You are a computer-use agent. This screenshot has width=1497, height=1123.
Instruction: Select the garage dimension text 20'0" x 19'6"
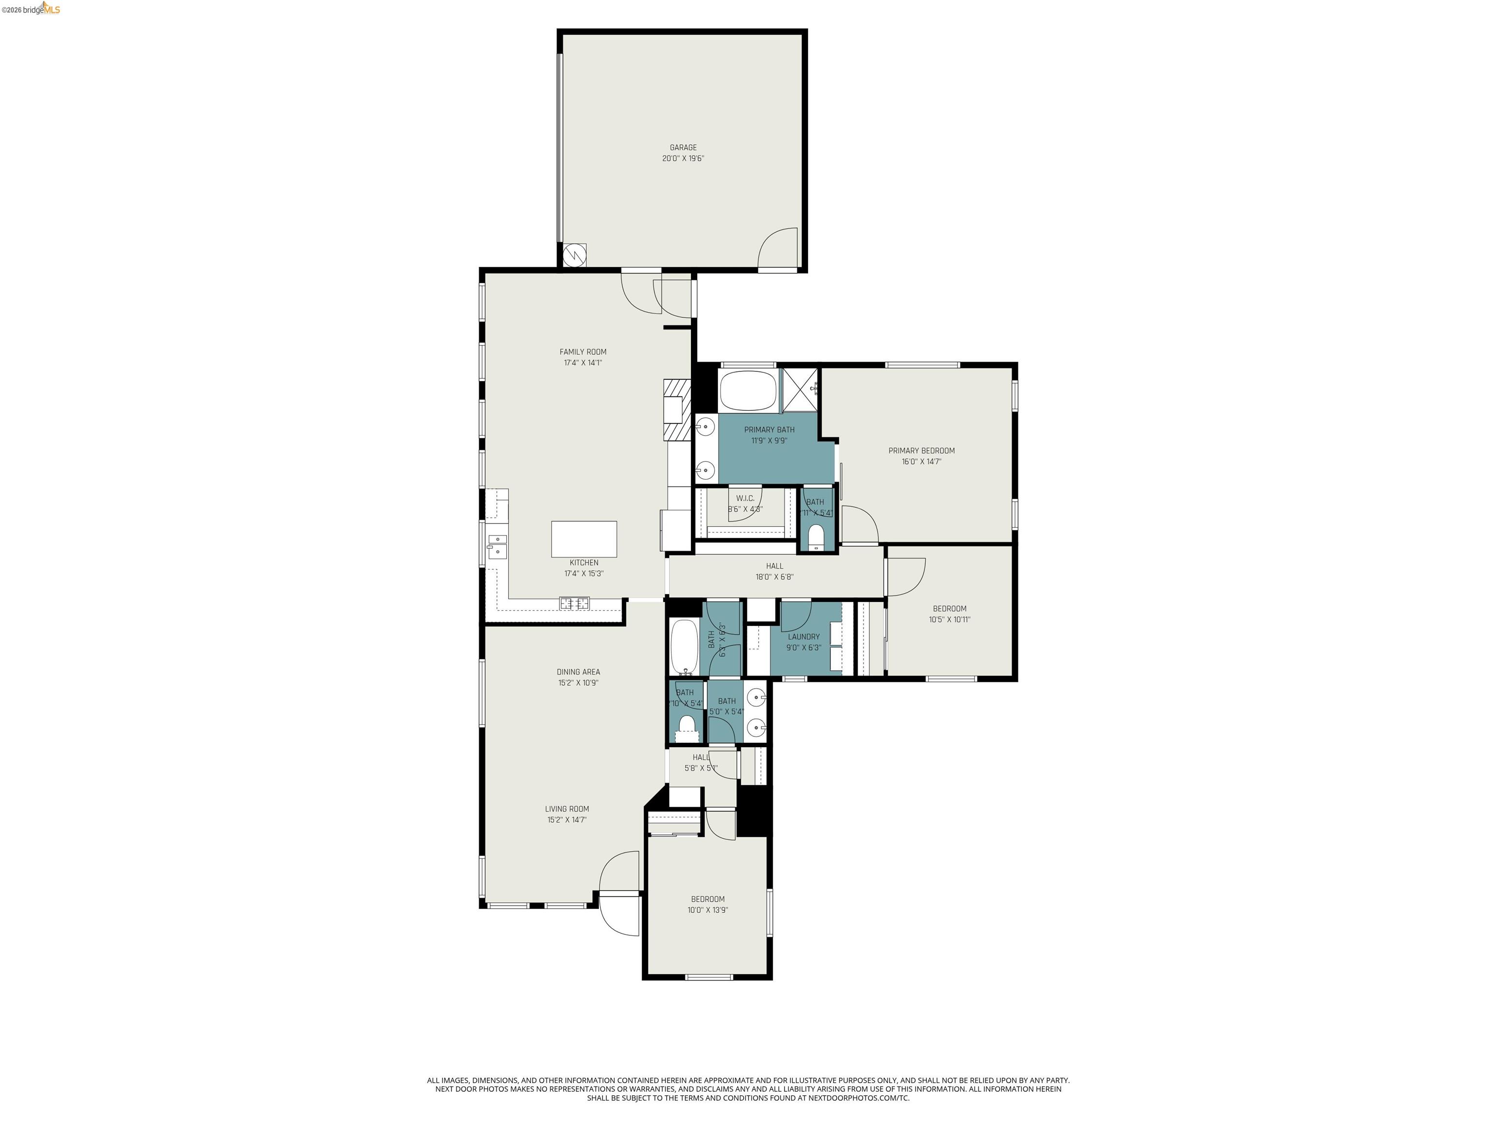click(683, 158)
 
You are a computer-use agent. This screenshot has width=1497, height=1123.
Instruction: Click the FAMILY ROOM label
click(583, 352)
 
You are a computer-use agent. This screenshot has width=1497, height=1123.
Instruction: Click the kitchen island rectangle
click(583, 539)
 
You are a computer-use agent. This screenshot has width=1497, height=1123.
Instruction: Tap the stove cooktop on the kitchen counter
click(574, 602)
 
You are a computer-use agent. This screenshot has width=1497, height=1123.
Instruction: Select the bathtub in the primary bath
click(748, 390)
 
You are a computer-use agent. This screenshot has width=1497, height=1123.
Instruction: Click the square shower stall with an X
click(801, 390)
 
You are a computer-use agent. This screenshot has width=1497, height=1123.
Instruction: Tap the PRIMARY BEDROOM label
click(921, 451)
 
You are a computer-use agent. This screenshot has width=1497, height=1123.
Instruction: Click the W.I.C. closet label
click(745, 498)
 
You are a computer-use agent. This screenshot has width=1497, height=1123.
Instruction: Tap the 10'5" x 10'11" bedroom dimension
click(949, 620)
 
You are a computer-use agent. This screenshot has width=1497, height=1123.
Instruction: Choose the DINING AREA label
click(578, 672)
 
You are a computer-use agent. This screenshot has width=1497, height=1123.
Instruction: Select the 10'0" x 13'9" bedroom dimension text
click(707, 910)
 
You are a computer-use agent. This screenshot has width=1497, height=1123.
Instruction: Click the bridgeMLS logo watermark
click(31, 9)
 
